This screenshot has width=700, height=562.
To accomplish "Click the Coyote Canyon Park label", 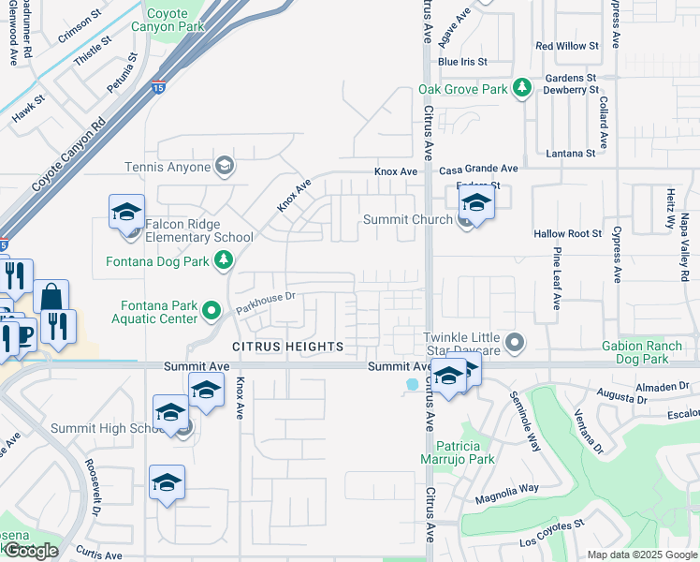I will [x=176, y=22].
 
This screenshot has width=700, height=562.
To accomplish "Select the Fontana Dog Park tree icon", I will [x=224, y=261].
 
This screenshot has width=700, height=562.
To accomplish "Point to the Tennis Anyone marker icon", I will [x=224, y=167].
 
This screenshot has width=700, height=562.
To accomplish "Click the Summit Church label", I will [x=408, y=219].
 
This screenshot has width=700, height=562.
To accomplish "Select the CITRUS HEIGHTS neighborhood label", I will [x=287, y=347].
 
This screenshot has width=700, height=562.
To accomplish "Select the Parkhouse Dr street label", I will [x=266, y=303].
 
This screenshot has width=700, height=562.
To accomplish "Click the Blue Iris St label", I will [x=463, y=62].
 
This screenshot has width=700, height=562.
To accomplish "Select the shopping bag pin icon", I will [x=52, y=297].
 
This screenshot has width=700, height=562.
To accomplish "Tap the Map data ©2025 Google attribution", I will [x=641, y=555].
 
